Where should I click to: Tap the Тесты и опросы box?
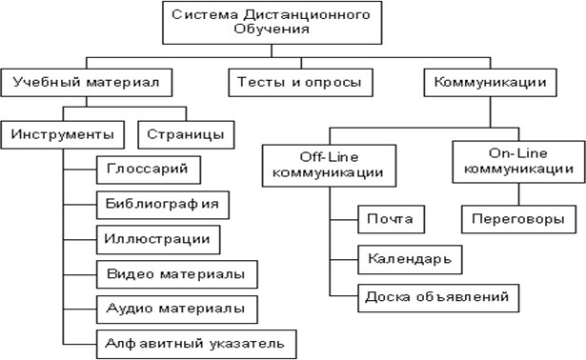[x=299, y=83]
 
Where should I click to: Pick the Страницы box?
[x=186, y=133]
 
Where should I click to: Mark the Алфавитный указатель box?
[x=195, y=342]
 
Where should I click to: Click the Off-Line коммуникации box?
[x=328, y=164]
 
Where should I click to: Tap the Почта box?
[x=390, y=219]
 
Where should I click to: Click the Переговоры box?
[x=518, y=219]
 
